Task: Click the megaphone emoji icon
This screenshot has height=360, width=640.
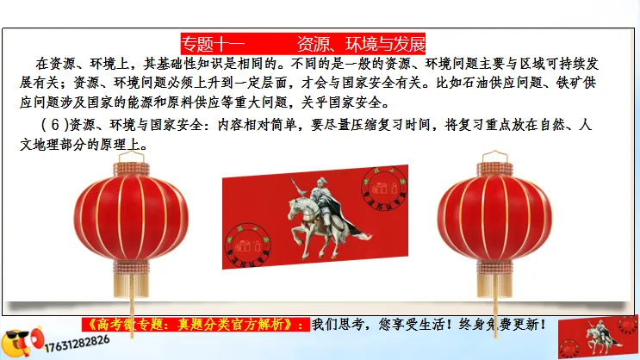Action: click(x=19, y=341)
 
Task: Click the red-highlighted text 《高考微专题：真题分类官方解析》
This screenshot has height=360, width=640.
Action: click(x=196, y=326)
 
